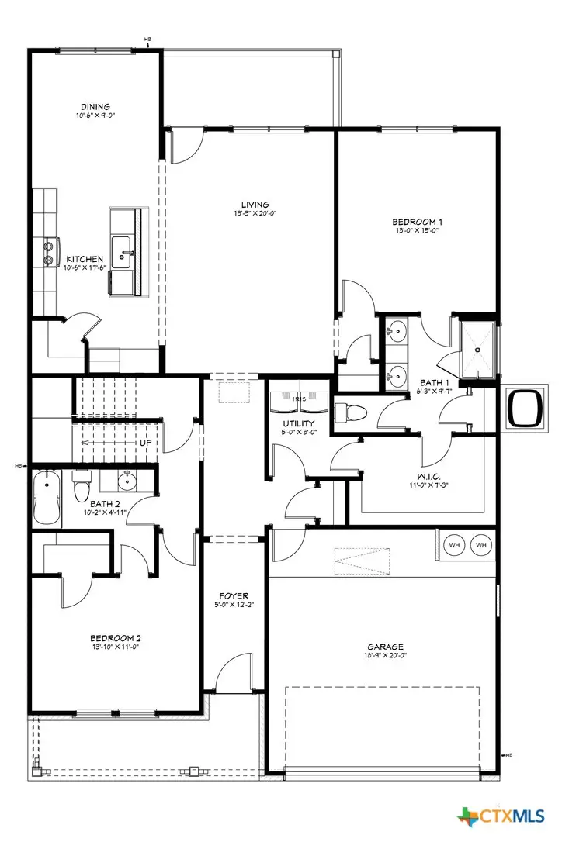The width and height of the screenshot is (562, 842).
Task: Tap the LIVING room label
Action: [x=250, y=205]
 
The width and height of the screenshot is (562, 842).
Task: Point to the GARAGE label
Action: [x=385, y=647]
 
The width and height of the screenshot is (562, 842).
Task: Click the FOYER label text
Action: [x=234, y=595]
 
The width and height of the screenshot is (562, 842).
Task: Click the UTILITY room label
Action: [x=297, y=423]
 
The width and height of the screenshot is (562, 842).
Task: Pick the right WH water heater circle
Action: [x=481, y=545]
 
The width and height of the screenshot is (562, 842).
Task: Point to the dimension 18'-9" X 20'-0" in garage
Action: [x=385, y=656]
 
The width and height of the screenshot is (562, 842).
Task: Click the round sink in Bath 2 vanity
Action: [x=128, y=482]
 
